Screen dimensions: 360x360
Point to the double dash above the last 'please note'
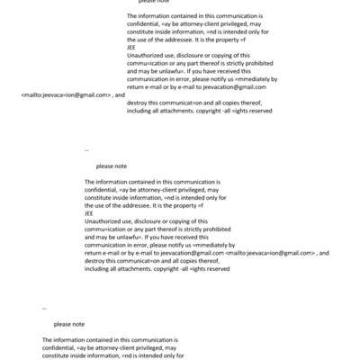coord(44,308)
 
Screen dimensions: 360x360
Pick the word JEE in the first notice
coord(131,49)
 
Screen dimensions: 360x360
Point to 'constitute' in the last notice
coord(59,355)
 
